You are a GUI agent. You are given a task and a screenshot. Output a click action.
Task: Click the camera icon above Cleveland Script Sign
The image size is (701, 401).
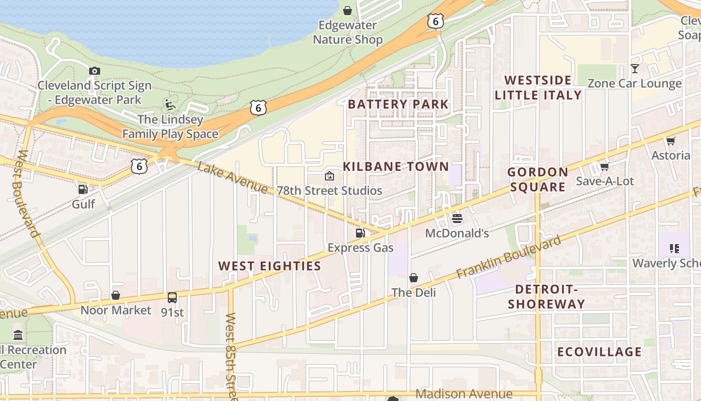(x=94, y=71)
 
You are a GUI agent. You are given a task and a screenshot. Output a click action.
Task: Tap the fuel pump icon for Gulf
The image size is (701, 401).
(x=83, y=189)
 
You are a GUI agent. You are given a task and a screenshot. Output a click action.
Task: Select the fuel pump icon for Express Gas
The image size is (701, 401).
(x=360, y=233)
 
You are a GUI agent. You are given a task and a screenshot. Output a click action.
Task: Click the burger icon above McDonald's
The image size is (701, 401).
(x=457, y=219)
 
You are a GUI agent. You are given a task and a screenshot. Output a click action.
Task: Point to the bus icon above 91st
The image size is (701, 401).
(x=172, y=298)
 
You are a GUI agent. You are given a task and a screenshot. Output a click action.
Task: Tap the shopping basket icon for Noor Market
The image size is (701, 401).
(x=116, y=295)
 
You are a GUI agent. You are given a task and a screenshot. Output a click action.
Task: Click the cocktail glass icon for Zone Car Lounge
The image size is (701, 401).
(x=635, y=69)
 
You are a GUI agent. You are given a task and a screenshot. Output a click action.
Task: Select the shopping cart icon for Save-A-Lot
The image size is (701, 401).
(x=604, y=166)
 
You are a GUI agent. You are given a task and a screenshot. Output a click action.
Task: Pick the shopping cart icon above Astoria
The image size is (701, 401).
(x=670, y=141)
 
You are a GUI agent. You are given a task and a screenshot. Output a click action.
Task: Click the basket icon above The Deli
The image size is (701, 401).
(x=414, y=278)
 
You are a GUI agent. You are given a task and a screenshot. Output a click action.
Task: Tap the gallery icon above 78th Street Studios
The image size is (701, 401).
(x=329, y=176)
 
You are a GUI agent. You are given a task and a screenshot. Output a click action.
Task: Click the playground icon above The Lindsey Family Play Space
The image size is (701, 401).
(x=170, y=105)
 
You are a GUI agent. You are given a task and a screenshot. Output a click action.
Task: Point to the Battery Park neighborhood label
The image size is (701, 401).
(x=398, y=104)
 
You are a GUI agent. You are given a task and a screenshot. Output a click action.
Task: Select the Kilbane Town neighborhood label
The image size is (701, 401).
(x=396, y=166)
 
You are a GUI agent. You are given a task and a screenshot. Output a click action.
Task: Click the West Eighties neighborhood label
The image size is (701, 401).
(x=269, y=266)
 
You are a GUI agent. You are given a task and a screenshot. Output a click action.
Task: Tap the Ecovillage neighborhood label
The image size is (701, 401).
(x=599, y=352)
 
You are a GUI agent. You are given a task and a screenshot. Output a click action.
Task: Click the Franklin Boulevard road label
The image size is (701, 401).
(x=509, y=258)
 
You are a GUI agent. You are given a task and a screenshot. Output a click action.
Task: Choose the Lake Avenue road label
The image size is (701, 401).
(x=232, y=178)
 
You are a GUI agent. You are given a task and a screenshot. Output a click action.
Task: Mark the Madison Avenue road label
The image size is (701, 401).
(x=464, y=394)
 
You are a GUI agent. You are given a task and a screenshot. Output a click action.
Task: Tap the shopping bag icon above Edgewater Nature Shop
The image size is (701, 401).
(x=347, y=10)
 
